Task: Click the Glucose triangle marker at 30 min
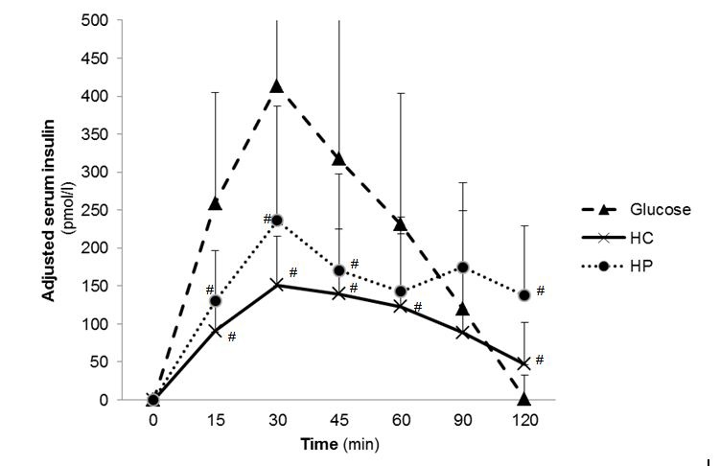coord(277,86)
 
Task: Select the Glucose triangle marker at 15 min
coord(215,203)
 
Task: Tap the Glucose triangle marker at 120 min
coord(524,398)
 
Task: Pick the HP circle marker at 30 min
coord(277,221)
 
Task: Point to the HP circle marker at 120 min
coord(524,295)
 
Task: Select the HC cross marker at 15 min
coord(215,331)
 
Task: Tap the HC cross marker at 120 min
coord(524,364)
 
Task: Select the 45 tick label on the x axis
coord(339,420)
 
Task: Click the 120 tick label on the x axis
coord(524,420)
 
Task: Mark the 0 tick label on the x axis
coord(153,420)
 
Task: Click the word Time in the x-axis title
coord(318,444)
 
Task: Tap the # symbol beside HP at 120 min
coord(540,291)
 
